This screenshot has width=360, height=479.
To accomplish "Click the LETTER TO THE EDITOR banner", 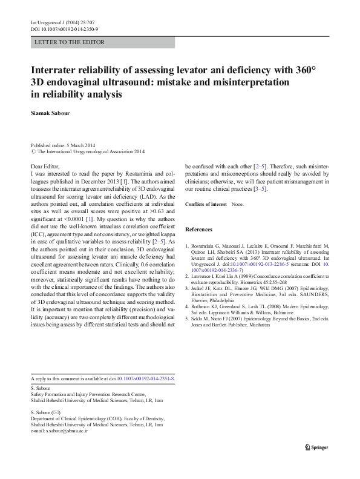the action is [x=70, y=42].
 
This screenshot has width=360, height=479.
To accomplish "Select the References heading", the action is [x=199, y=230].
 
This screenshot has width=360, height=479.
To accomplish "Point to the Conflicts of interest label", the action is [x=206, y=205].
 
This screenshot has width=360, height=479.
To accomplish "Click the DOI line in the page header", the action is [x=65, y=29].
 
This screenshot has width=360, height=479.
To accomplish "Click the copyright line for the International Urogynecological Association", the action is [x=91, y=152].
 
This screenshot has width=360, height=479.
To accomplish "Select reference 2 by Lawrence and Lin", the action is [x=257, y=279].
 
